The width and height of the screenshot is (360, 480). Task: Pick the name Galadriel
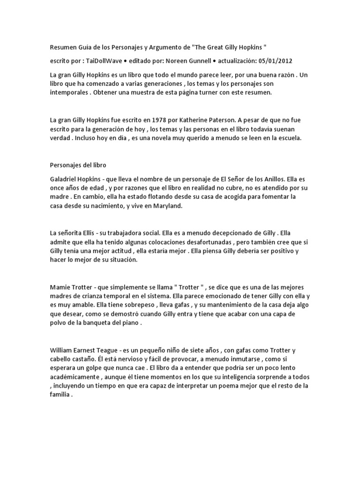(x=67, y=179)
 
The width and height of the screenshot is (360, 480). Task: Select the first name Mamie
(x=61, y=287)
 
